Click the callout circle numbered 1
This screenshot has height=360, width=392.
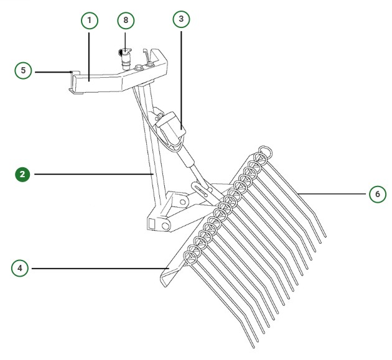(x=89, y=21)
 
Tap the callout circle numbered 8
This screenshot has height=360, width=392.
(x=126, y=21)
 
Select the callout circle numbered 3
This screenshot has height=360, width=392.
(x=181, y=19)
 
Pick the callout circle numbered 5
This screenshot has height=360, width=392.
(x=23, y=70)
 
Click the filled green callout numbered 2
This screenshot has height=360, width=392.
(x=23, y=174)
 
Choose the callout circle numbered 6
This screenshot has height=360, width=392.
(x=376, y=194)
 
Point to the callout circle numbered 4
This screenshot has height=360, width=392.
(x=21, y=269)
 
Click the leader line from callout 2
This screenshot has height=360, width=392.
(x=93, y=175)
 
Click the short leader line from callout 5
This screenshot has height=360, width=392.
(x=53, y=72)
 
